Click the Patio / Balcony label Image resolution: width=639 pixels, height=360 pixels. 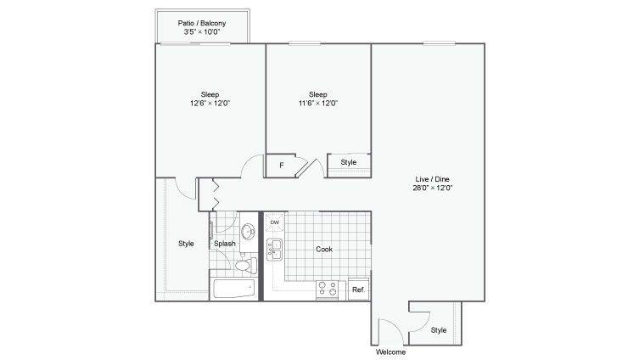pos(202,23)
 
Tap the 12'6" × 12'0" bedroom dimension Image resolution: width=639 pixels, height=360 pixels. pos(210,103)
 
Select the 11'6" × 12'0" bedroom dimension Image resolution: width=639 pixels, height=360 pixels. pos(318,103)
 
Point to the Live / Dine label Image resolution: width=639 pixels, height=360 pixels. pos(433,179)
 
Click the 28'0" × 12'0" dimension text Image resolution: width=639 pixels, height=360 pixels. pos(433,188)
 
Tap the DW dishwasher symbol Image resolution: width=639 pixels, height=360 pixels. pos(275,222)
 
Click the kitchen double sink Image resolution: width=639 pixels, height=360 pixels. pos(274,250)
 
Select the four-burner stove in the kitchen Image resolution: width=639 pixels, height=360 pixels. pos(328,289)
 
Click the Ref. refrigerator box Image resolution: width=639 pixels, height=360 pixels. pos(359,289)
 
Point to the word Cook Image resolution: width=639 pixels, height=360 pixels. pos(324,249)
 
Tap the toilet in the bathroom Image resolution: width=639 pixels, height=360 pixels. pos(246,266)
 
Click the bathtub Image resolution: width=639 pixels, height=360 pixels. pos(234,289)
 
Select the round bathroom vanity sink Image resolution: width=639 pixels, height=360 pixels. pos(248,232)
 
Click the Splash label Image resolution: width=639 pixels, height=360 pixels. pos(225,244)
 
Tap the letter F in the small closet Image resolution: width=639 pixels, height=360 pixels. pos(281,166)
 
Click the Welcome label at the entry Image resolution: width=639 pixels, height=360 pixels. pos(391,352)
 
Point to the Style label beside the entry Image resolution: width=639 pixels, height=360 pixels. pos(439,329)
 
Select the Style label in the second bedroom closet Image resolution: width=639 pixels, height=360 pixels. pos(349,162)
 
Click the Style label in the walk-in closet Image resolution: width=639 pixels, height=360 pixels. pos(186,244)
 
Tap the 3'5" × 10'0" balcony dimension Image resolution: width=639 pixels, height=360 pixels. pos(202,31)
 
